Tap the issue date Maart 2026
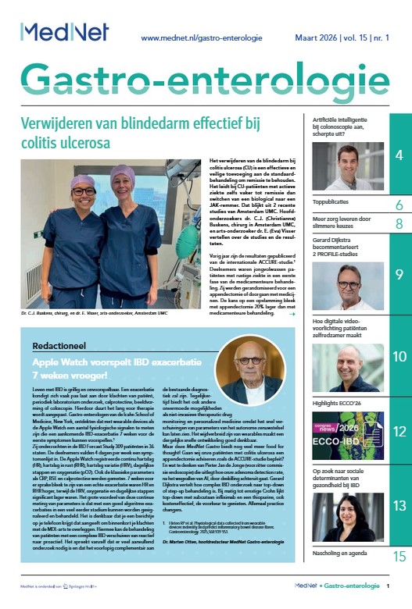311,37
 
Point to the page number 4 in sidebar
399,156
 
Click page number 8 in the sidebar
399,224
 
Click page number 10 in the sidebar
399,357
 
